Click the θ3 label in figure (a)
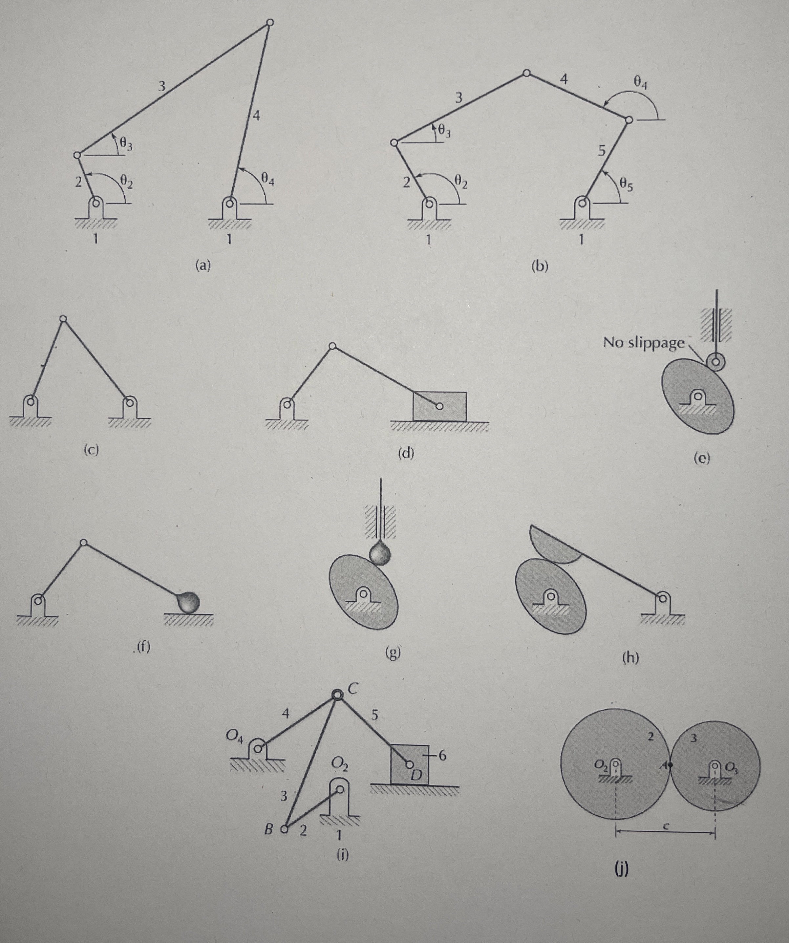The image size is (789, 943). coord(126,145)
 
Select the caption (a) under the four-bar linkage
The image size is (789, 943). coord(203,266)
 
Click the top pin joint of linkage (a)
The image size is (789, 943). coord(269,22)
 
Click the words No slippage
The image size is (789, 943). coord(644,343)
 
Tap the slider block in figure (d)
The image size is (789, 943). coord(439,406)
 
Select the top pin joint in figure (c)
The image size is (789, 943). coord(63,319)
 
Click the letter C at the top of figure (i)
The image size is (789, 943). coord(352,690)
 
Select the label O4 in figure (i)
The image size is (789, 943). coord(234,735)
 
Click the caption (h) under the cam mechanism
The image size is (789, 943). coord(630,657)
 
